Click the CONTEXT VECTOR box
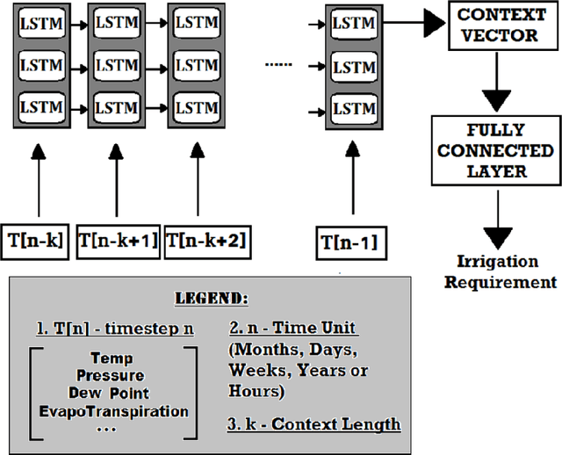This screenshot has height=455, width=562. (497, 27)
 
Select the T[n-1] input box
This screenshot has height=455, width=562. (350, 242)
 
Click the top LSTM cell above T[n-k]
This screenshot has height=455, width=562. (41, 24)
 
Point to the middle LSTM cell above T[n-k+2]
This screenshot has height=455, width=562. (196, 66)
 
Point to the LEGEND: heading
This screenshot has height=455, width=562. (221, 299)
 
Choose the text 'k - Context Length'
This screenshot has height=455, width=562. (319, 424)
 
